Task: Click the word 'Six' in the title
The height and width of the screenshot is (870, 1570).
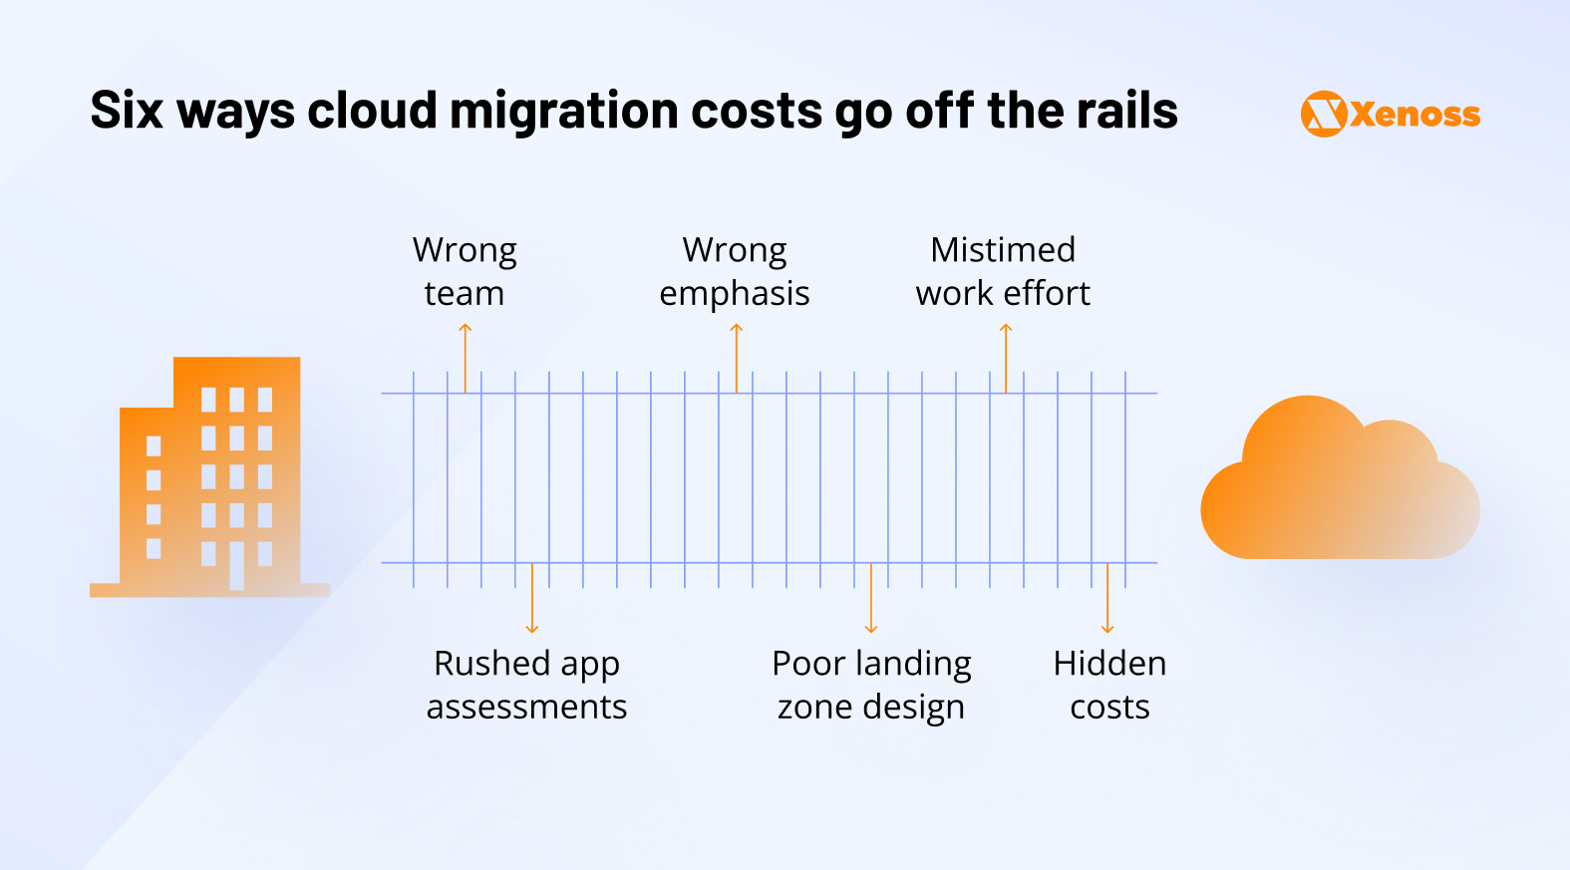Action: (x=127, y=110)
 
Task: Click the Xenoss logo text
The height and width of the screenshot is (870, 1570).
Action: (x=1415, y=115)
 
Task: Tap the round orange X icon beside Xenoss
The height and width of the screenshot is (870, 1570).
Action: (x=1324, y=114)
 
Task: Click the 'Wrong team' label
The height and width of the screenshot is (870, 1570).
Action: (x=465, y=271)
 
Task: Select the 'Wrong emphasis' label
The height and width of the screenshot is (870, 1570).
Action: (x=735, y=271)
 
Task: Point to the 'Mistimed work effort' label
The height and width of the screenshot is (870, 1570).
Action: (x=1003, y=271)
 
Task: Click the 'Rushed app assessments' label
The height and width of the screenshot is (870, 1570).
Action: (x=526, y=685)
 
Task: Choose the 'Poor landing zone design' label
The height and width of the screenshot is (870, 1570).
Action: (x=871, y=685)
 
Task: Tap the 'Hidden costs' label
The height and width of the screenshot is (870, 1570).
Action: (x=1109, y=685)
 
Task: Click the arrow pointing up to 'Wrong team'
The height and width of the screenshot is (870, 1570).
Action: (x=465, y=357)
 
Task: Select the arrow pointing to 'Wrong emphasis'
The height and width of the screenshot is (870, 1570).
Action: (x=737, y=357)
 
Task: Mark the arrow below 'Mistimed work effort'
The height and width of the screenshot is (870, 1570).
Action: (x=1006, y=357)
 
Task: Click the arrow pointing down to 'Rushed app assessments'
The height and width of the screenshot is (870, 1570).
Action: (x=532, y=598)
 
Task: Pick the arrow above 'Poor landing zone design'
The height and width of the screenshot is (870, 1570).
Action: (x=871, y=598)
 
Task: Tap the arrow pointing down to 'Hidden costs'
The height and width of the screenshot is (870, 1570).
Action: (x=1107, y=598)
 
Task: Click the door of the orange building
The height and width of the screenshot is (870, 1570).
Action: (x=236, y=565)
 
